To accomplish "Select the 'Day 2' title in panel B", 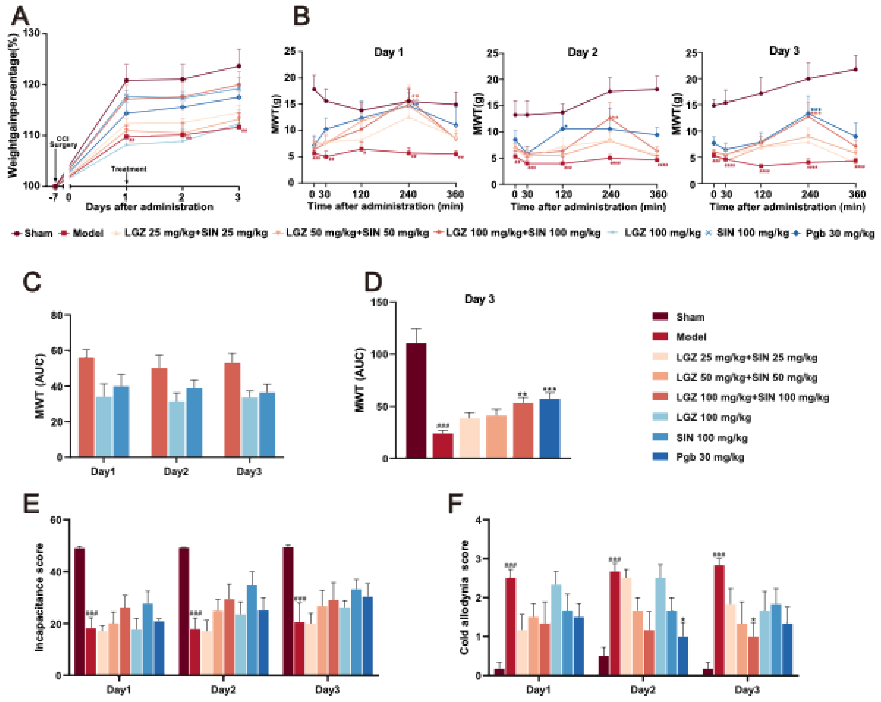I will [x=582, y=52].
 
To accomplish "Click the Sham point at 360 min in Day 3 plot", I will [x=856, y=69].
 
